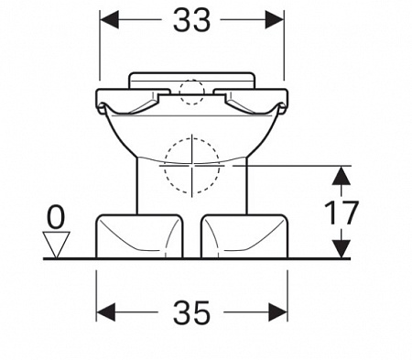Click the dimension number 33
coord(191,20)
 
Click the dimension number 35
coord(191,312)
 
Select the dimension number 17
coord(341,213)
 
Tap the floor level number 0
coord(56,217)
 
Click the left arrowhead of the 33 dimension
coord(109,19)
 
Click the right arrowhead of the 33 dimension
coord(275,19)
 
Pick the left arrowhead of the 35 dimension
coord(106,312)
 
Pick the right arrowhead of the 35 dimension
coord(278,312)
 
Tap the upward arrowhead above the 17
coord(342,175)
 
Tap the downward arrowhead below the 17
coord(342,249)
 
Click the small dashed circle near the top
coord(191,93)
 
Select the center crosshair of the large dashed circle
coord(192,165)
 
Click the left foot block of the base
coord(139,236)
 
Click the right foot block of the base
coord(244,236)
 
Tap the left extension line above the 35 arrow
coord(96,296)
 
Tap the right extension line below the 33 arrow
coord(284,45)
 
